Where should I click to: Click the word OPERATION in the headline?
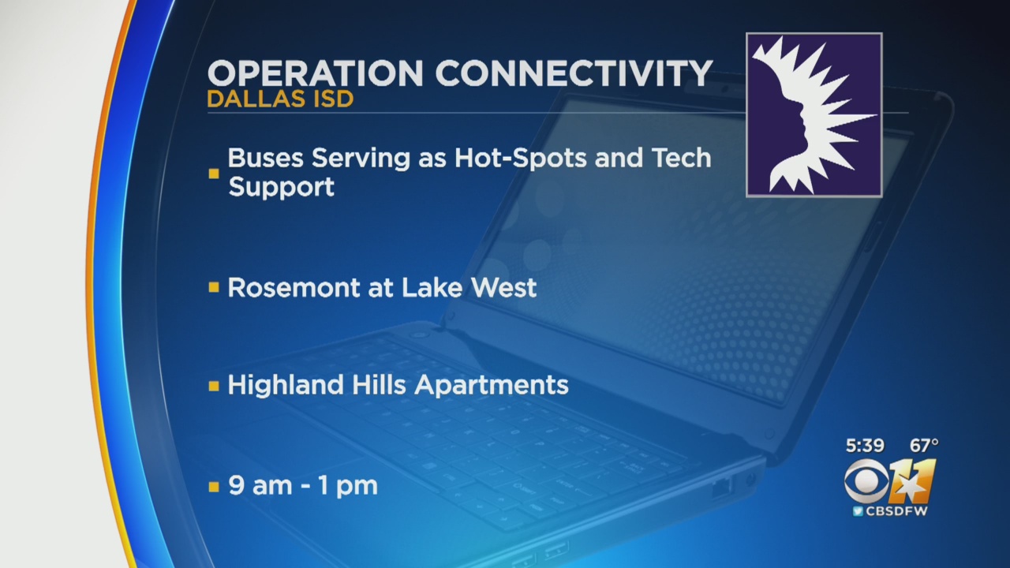click(315, 73)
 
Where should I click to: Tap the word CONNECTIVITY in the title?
click(574, 73)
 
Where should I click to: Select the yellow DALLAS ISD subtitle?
click(280, 99)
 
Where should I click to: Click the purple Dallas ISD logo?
click(814, 115)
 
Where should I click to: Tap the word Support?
click(282, 187)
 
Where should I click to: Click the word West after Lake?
click(503, 288)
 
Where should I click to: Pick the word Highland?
click(286, 386)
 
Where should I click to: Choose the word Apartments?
click(491, 386)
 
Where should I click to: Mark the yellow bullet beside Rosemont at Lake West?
click(214, 288)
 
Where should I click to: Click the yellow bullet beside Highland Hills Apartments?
click(214, 386)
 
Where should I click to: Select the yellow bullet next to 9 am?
click(214, 487)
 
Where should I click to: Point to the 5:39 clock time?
click(865, 446)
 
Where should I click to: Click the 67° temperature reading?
click(924, 446)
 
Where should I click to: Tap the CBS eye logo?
click(866, 481)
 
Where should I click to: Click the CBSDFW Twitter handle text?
click(896, 511)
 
